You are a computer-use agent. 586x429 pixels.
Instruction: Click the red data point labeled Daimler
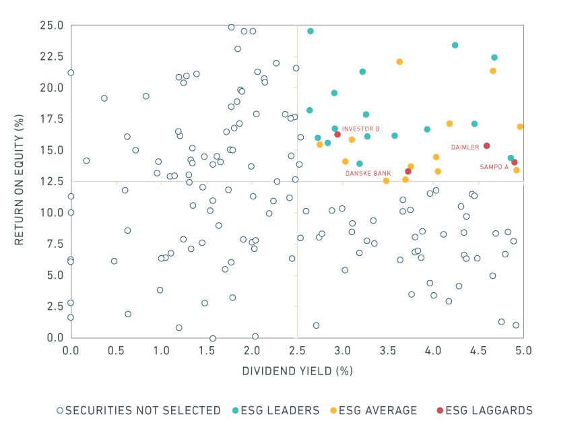pyautogui.click(x=486, y=145)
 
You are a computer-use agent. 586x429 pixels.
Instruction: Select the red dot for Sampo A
pyautogui.click(x=515, y=162)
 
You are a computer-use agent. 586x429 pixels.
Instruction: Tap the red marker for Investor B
pyautogui.click(x=337, y=134)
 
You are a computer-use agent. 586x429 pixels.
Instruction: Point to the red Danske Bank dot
pyautogui.click(x=408, y=171)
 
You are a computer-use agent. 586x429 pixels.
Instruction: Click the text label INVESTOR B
pyautogui.click(x=360, y=129)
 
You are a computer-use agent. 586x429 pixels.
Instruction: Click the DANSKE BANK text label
pyautogui.click(x=368, y=173)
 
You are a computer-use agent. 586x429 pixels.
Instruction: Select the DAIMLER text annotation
pyautogui.click(x=465, y=147)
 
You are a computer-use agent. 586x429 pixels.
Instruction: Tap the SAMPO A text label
pyautogui.click(x=494, y=167)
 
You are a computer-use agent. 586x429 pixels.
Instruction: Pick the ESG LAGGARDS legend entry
pyautogui.click(x=479, y=410)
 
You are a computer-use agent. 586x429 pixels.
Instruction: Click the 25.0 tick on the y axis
pyautogui.click(x=53, y=26)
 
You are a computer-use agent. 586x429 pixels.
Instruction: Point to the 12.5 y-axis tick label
pyautogui.click(x=53, y=182)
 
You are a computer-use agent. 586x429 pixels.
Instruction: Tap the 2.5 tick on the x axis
pyautogui.click(x=297, y=350)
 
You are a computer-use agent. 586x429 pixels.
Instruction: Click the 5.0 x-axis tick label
pyautogui.click(x=523, y=350)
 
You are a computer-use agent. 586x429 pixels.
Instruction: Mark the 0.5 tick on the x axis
pyautogui.click(x=116, y=350)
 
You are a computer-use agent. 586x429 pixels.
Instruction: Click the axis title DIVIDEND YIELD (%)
pyautogui.click(x=296, y=371)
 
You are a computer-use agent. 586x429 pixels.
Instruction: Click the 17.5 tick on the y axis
pyautogui.click(x=53, y=119)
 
